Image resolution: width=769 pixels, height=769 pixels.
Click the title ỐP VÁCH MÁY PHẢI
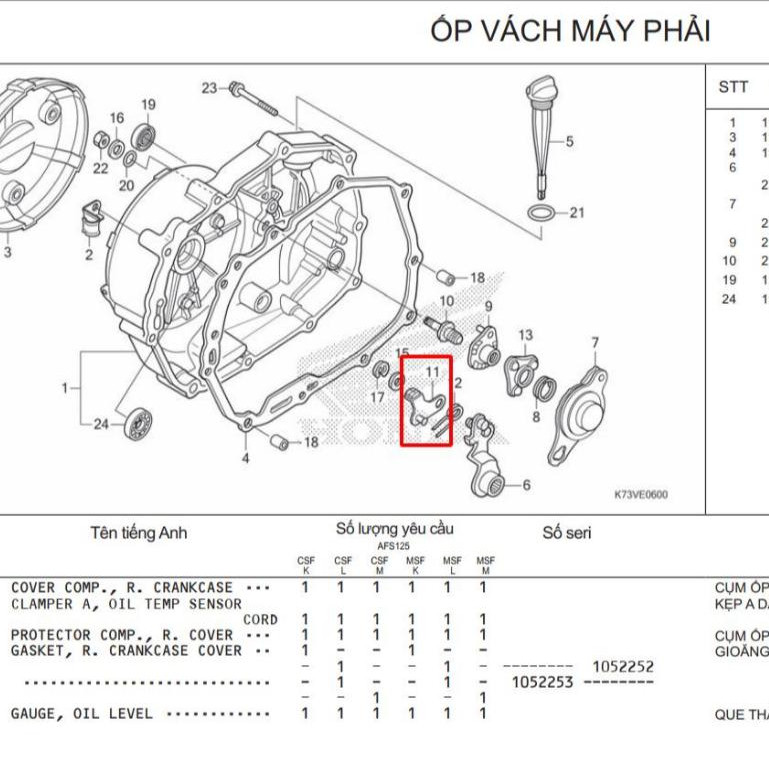(x=570, y=31)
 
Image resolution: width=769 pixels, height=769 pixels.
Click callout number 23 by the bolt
(x=208, y=88)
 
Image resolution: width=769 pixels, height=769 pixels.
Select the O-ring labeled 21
(x=540, y=213)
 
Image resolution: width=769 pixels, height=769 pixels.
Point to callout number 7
(x=595, y=343)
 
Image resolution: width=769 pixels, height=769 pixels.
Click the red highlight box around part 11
(x=427, y=400)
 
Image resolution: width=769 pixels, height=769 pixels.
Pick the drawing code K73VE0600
(x=640, y=494)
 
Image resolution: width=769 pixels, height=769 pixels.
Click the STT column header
(x=733, y=87)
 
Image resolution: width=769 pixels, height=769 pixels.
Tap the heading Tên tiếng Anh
(x=138, y=533)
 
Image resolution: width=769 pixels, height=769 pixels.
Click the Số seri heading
(x=567, y=533)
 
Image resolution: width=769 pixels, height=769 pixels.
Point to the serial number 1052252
(x=623, y=666)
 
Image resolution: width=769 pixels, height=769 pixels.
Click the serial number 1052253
(x=541, y=682)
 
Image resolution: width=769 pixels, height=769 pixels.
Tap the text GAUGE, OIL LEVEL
(x=82, y=714)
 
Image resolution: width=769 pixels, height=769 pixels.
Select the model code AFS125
(x=394, y=547)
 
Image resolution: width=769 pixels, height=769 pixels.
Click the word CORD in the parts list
(x=259, y=619)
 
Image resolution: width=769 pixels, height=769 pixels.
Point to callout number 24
(x=100, y=424)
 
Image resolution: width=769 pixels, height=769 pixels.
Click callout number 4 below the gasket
(x=245, y=458)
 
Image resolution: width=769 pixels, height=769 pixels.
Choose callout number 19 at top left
(x=148, y=105)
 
